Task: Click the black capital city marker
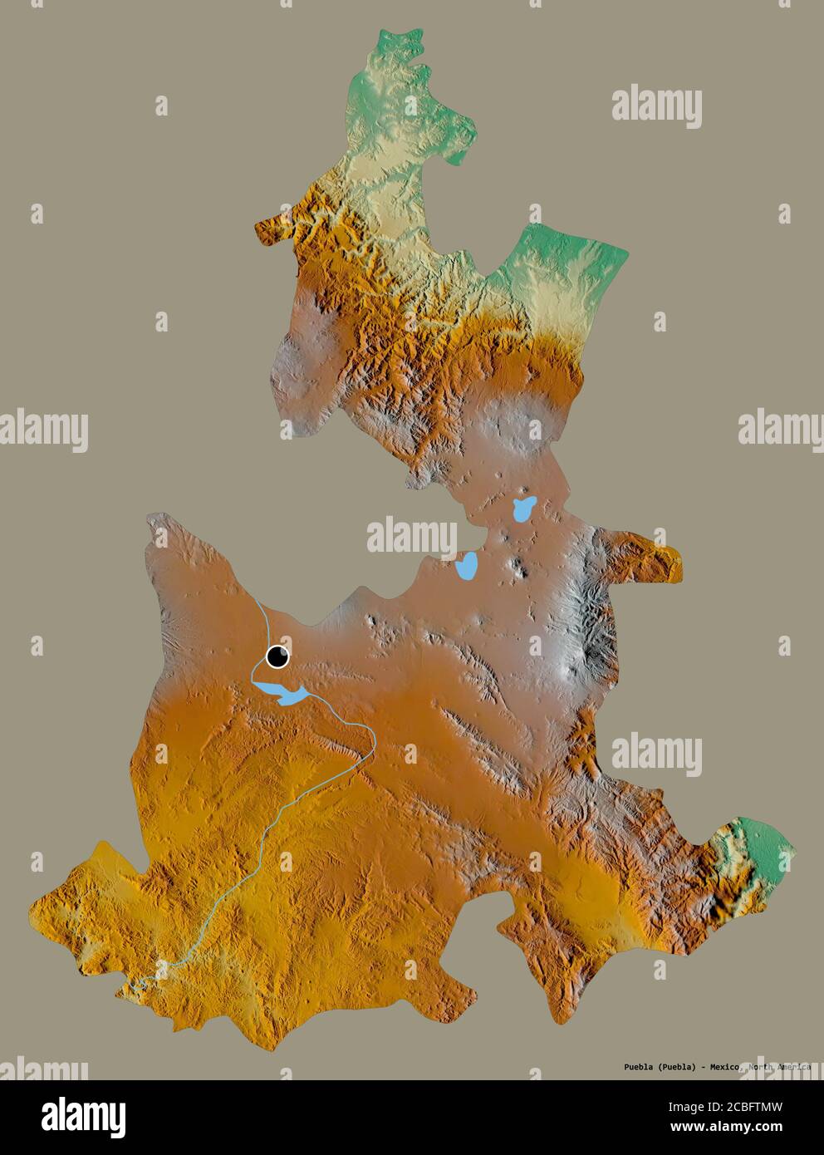pyautogui.click(x=277, y=657)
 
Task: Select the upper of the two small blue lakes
pyautogui.click(x=523, y=509)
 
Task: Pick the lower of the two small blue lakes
pyautogui.click(x=465, y=567)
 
